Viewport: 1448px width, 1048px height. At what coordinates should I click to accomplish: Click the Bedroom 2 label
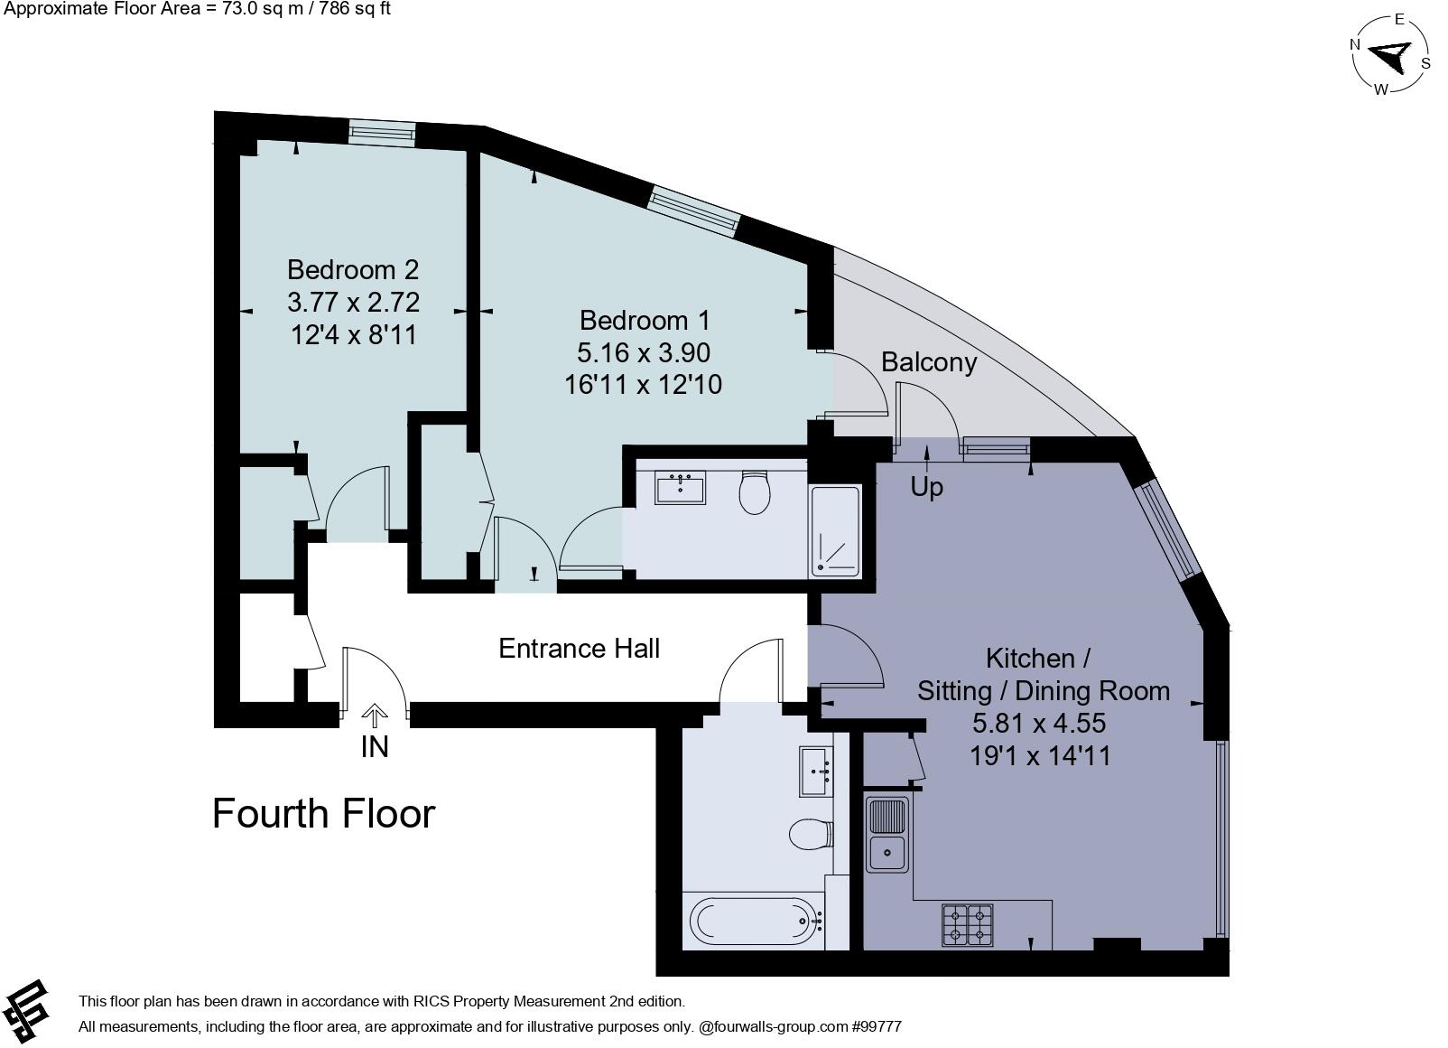point(353,270)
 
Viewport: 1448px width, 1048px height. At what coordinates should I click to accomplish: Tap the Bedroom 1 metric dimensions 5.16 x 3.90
point(643,352)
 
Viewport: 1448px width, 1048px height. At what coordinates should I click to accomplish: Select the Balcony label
point(929,362)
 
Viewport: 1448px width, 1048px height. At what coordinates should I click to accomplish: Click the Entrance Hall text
point(580,648)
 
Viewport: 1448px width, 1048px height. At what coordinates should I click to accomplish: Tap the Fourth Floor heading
point(324,813)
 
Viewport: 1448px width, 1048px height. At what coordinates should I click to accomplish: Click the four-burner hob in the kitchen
point(967,925)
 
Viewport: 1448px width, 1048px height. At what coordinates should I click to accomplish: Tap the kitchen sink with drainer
point(886,835)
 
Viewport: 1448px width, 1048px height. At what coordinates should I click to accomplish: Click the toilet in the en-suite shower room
point(755,492)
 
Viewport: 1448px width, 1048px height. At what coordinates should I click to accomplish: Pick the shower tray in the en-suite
point(836,530)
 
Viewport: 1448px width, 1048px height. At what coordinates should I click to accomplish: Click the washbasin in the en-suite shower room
point(680,487)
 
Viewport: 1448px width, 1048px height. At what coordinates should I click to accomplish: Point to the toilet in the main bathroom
point(811,834)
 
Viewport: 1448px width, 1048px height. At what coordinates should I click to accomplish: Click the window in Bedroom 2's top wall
point(381,134)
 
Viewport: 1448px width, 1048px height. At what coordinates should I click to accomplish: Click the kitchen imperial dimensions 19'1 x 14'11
point(1040,755)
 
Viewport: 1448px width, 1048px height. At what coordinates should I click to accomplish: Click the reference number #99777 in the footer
point(877,1026)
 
